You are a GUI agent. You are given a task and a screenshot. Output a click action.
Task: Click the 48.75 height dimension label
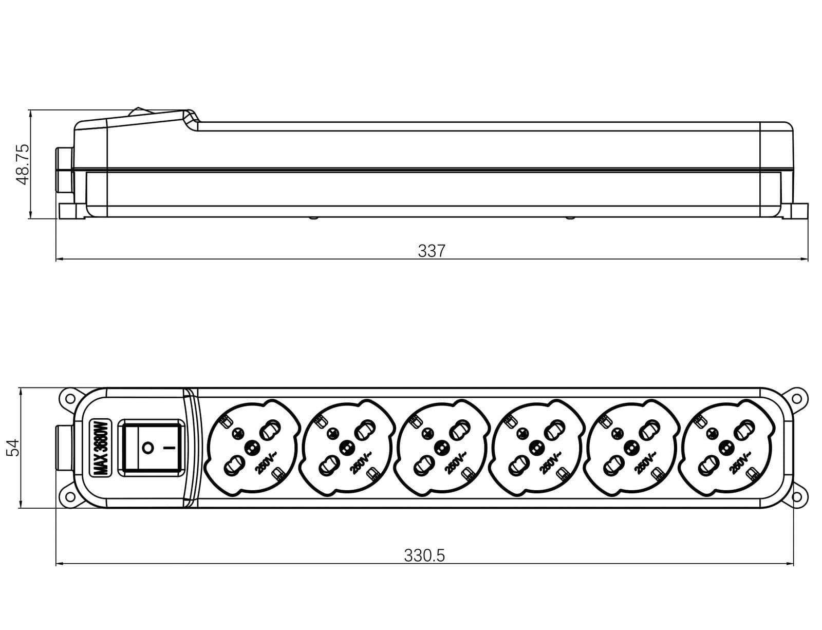click(23, 164)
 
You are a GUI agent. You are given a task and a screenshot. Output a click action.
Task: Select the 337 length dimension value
click(432, 250)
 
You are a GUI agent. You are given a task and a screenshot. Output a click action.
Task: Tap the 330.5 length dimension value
click(424, 555)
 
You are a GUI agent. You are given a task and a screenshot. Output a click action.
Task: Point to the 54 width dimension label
click(13, 448)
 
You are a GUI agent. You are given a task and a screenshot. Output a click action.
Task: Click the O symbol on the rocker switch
click(147, 449)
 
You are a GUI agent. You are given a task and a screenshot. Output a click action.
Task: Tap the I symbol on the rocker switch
click(169, 449)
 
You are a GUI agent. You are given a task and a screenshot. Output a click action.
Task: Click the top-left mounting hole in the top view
click(69, 398)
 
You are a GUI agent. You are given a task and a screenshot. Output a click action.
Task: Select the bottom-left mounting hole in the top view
click(69, 497)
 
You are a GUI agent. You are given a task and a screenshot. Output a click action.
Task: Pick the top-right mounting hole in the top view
click(796, 398)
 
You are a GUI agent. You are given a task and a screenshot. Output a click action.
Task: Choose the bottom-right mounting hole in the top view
click(796, 497)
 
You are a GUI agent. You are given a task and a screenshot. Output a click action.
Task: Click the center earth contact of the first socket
click(251, 449)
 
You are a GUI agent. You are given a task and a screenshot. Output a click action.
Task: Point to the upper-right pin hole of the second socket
click(365, 430)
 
